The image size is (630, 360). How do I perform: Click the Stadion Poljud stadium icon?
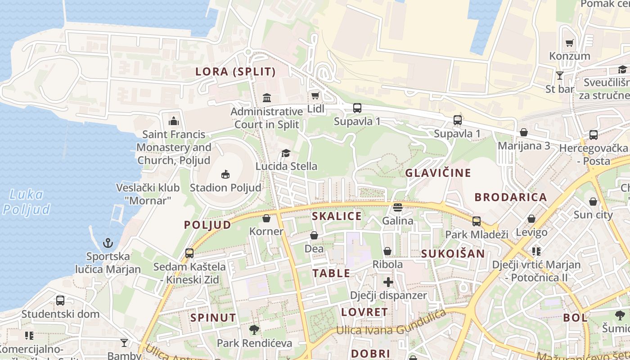pyautogui.click(x=225, y=174)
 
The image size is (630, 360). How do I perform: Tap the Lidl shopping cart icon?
pyautogui.click(x=315, y=95)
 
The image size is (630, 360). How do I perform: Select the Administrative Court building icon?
pyautogui.click(x=267, y=98)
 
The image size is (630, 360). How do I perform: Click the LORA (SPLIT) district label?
pyautogui.click(x=235, y=72)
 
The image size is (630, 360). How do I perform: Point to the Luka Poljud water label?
pyautogui.click(x=26, y=202)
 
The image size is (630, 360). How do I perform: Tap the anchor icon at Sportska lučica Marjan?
pyautogui.click(x=108, y=243)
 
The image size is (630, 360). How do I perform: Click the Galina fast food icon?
pyautogui.click(x=398, y=207)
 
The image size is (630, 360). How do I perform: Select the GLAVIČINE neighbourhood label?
pyautogui.click(x=438, y=173)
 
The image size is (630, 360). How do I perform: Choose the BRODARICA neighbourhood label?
pyautogui.click(x=511, y=197)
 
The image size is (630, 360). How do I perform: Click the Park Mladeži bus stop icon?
pyautogui.click(x=477, y=221)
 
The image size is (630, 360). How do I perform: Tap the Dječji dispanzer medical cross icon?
pyautogui.click(x=388, y=282)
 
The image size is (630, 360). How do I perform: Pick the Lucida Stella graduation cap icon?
pyautogui.click(x=286, y=153)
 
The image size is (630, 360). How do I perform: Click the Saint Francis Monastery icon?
pyautogui.click(x=173, y=121)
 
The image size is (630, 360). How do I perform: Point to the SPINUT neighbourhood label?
pyautogui.click(x=213, y=318)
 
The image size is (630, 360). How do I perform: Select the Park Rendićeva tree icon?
pyautogui.click(x=254, y=330)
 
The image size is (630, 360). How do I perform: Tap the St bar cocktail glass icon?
pyautogui.click(x=560, y=76)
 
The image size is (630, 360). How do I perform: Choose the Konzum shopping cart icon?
pyautogui.click(x=570, y=43)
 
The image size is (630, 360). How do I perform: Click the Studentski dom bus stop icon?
pyautogui.click(x=60, y=300)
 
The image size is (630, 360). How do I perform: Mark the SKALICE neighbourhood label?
pyautogui.click(x=337, y=216)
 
